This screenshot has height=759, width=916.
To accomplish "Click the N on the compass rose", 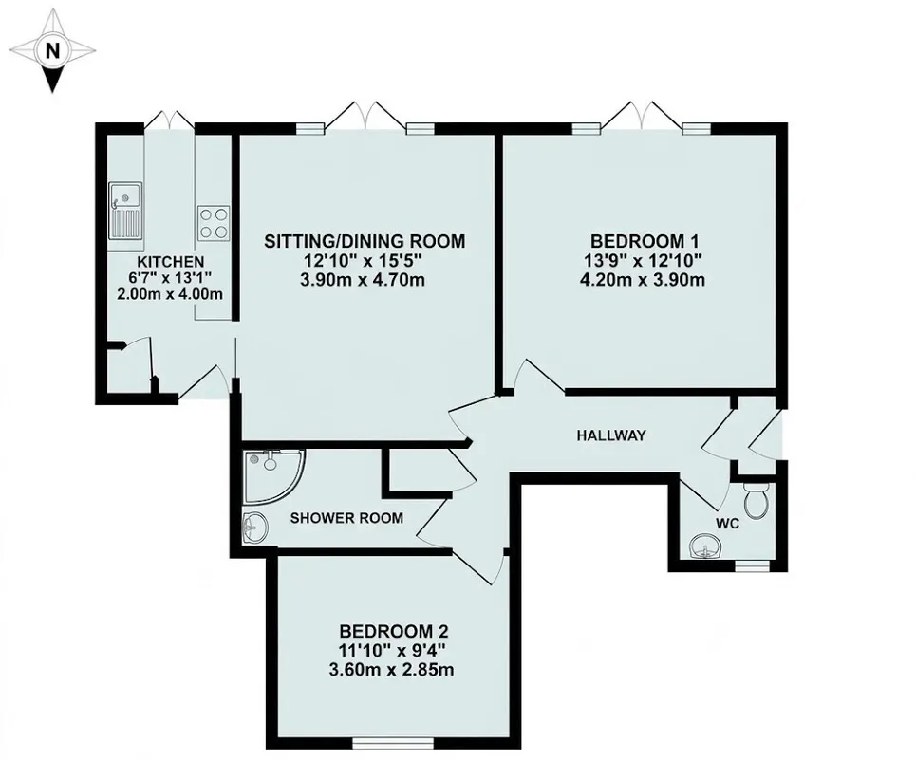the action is point(52,51).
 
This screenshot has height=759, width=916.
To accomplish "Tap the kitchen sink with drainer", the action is point(125,211).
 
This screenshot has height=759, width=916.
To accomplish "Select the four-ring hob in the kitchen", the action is point(213,223).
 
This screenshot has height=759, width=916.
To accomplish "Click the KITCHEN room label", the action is point(170,262).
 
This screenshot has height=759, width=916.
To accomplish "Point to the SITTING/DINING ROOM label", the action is point(365,241).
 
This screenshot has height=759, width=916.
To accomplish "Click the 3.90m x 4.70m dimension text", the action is point(363,280).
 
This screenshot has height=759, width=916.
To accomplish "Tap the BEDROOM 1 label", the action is point(645,241).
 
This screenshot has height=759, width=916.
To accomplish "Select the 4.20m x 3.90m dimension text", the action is point(642,280).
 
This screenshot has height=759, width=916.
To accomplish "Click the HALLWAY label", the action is point(611,435).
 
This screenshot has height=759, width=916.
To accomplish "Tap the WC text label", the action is point(728,524).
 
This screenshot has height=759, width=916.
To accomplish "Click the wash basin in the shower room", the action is point(254,528).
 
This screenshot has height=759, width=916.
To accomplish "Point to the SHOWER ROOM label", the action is point(347,518).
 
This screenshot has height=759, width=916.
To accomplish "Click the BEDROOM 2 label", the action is point(394,631).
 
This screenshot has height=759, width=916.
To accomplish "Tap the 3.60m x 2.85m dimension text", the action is point(391,669).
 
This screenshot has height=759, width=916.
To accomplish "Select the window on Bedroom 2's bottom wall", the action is point(393,743).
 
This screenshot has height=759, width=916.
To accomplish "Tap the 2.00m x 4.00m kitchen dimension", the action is point(170,294).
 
